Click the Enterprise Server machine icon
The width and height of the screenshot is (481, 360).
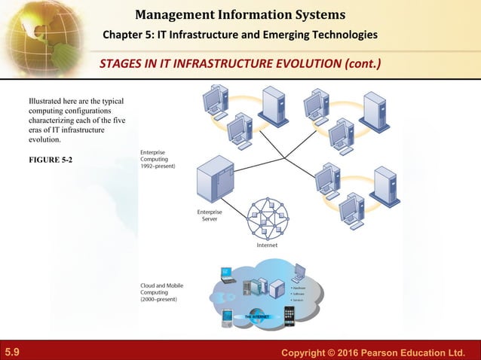point(213,182)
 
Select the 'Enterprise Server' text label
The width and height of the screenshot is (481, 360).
point(210,215)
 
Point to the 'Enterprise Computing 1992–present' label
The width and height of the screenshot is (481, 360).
point(158,159)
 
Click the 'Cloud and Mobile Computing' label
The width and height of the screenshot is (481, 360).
point(161,292)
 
